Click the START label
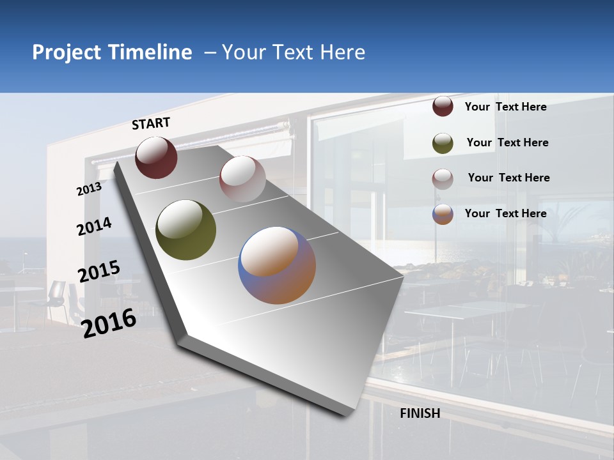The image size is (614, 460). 151,123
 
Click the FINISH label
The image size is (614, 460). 420,413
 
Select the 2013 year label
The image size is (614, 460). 89,189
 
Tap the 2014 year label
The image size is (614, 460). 94,227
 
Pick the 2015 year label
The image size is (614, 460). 99,272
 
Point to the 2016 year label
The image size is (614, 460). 109,323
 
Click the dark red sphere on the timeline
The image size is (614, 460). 156,157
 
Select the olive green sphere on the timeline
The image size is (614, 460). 185,230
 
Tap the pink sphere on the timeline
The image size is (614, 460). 242,178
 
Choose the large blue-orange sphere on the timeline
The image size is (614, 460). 277,264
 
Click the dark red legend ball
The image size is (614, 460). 443,107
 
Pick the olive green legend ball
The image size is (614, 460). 443,142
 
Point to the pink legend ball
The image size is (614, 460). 443,178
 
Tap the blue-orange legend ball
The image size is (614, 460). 443,214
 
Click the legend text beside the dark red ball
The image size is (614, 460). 506,107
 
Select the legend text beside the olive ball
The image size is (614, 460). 508,142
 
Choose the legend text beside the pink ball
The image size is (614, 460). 509,178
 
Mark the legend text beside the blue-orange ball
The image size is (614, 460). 506,213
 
